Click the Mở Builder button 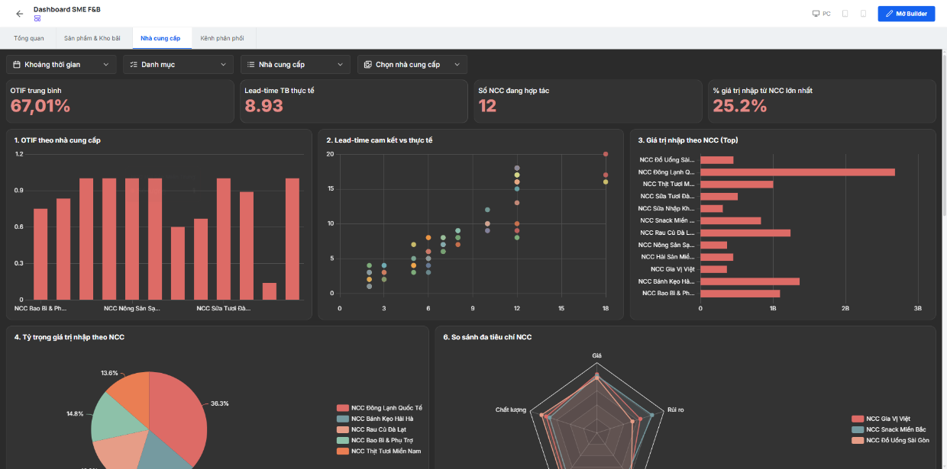pos(906,14)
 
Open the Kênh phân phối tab pos(222,38)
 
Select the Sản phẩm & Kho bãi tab pos(92,38)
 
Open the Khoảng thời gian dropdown pos(61,65)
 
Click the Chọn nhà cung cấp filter pos(412,65)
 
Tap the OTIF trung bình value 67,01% pos(40,105)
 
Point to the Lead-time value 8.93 pos(263,105)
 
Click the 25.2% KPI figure pos(739,105)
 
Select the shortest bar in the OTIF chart pos(270,291)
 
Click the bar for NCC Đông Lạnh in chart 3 pos(797,172)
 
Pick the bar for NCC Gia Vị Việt pos(713,269)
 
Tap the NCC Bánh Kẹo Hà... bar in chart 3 pos(750,281)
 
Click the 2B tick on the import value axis pos(845,309)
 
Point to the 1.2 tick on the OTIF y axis pos(19,154)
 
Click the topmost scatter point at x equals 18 pos(606,154)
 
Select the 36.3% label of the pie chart pos(219,403)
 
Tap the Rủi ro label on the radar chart pos(676,410)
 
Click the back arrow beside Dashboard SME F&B pos(19,14)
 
